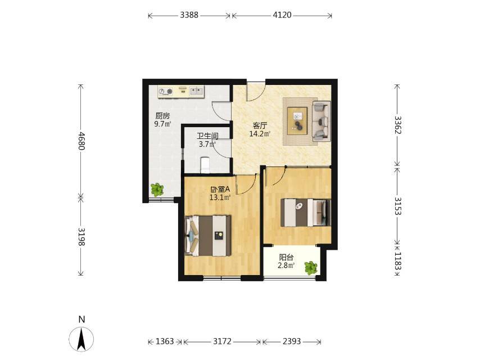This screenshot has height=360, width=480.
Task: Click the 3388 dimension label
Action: pyautogui.click(x=189, y=15)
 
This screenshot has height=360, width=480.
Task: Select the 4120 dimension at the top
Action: pyautogui.click(x=282, y=15)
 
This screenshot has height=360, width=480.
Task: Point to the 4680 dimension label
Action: pyautogui.click(x=81, y=141)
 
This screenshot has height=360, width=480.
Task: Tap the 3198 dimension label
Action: pyautogui.click(x=81, y=237)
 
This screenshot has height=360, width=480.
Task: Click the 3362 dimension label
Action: pyautogui.click(x=397, y=125)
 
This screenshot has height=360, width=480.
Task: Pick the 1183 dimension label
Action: pyautogui.click(x=397, y=261)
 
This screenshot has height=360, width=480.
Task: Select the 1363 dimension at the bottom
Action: pyautogui.click(x=165, y=341)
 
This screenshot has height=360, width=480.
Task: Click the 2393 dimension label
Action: pyautogui.click(x=291, y=341)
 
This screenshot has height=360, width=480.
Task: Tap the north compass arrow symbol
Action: pyautogui.click(x=81, y=339)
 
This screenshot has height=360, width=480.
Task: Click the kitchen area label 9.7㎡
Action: pyautogui.click(x=162, y=124)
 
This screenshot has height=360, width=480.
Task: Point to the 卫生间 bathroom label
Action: pyautogui.click(x=207, y=136)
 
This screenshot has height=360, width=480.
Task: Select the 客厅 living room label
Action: pyautogui.click(x=260, y=125)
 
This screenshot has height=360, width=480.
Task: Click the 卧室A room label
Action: pyautogui.click(x=220, y=190)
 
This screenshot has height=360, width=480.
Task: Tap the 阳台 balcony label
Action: pyautogui.click(x=286, y=258)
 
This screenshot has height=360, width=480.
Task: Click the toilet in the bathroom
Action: pyautogui.click(x=204, y=165)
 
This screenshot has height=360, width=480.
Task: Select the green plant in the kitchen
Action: pyautogui.click(x=157, y=190)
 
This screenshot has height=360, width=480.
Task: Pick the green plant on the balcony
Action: pyautogui.click(x=311, y=268)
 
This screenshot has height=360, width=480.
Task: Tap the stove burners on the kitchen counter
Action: pyautogui.click(x=165, y=91)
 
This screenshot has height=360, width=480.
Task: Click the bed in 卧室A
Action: pyautogui.click(x=208, y=235)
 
